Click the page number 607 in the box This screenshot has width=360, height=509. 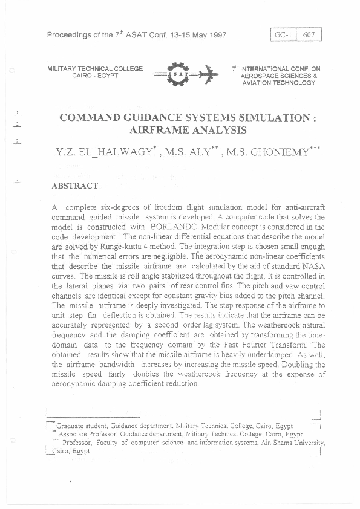[x=309, y=35]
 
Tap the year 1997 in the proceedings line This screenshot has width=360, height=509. [x=216, y=34]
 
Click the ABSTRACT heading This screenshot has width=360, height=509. [x=75, y=187]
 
